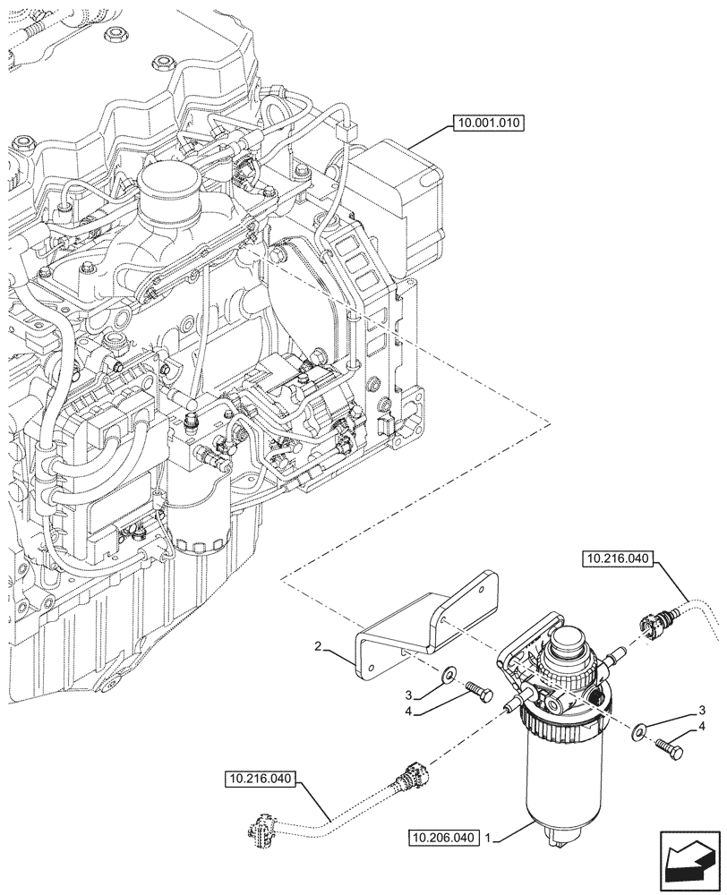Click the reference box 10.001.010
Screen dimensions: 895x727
[489, 124]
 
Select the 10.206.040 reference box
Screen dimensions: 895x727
[442, 839]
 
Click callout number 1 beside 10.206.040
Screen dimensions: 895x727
[488, 839]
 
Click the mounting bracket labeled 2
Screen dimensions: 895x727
[421, 626]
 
